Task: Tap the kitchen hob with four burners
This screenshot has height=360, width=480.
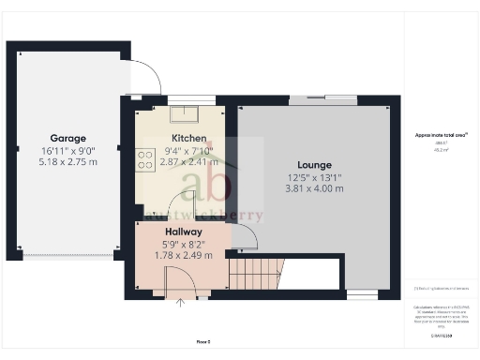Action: click(x=145, y=160)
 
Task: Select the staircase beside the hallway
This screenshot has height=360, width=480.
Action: click(x=254, y=274)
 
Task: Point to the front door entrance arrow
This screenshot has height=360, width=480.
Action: click(x=182, y=303)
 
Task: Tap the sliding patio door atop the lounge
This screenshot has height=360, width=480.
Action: click(x=322, y=100)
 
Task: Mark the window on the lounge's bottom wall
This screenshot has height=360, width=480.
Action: click(x=361, y=294)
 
